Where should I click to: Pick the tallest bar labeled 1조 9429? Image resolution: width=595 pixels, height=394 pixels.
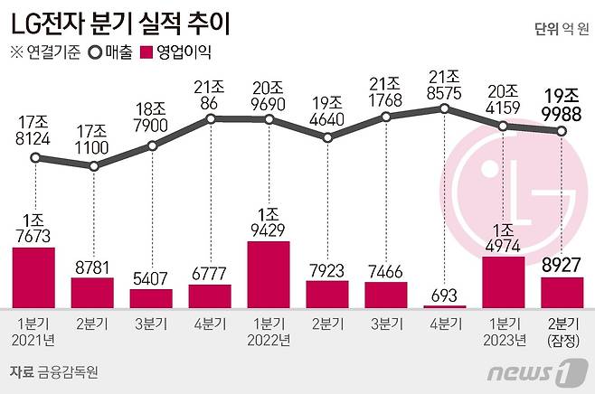[269, 275]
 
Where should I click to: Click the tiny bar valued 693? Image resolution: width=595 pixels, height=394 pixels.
[445, 306]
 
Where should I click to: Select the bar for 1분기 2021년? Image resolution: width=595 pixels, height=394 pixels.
[34, 277]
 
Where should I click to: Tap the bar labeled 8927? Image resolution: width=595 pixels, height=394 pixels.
[562, 293]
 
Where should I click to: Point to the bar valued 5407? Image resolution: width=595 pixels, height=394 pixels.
[151, 298]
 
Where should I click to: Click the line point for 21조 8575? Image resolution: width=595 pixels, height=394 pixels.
[445, 108]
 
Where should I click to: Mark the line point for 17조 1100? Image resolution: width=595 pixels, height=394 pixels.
[93, 166]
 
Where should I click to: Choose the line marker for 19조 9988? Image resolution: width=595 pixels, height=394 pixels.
[562, 131]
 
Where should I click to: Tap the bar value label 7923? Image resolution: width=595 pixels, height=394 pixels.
[326, 268]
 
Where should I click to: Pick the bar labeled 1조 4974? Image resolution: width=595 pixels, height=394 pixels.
[504, 282]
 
